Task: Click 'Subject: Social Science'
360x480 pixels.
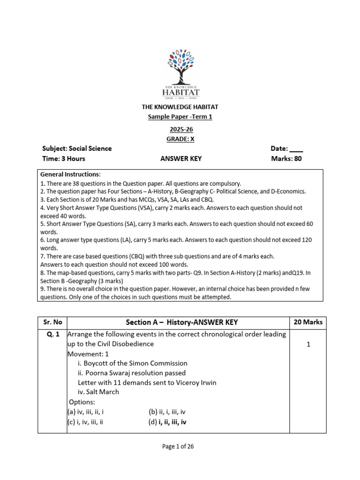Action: [77, 149]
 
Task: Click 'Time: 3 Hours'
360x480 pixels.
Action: [64, 158]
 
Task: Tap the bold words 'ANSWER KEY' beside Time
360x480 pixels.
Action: [181, 158]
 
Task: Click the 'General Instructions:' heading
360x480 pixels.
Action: [70, 174]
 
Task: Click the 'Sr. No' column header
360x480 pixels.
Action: [52, 322]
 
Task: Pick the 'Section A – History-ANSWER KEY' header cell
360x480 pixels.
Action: [182, 322]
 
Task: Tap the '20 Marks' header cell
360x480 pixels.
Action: [308, 322]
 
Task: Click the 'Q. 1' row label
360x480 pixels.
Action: [52, 335]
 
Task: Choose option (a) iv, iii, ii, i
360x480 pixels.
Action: [85, 412]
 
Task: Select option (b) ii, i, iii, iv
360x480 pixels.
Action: [167, 412]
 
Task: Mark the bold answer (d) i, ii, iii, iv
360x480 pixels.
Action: [168, 422]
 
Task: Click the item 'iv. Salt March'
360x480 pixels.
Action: [98, 392]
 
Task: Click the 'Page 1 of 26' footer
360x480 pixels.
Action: [178, 447]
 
